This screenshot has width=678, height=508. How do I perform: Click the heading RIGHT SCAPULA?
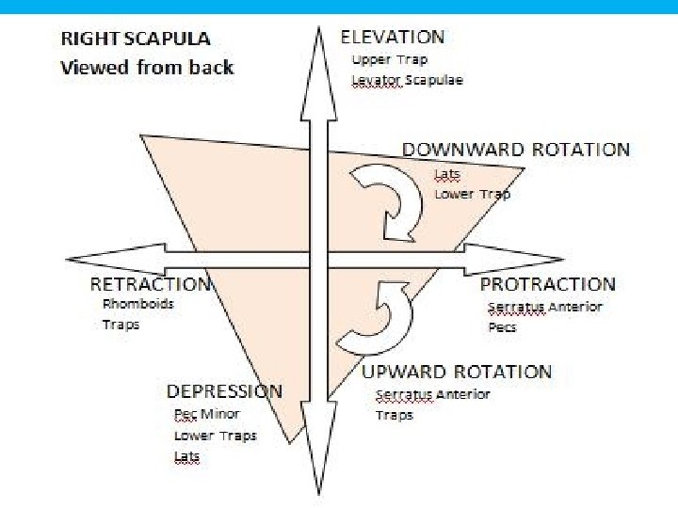pyautogui.click(x=135, y=40)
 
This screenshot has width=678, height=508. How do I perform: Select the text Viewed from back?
pyautogui.click(x=146, y=67)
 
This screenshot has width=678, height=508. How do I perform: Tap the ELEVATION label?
pyautogui.click(x=392, y=38)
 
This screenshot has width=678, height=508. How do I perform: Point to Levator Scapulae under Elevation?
pyautogui.click(x=407, y=80)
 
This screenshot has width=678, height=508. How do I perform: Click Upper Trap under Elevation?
pyautogui.click(x=389, y=59)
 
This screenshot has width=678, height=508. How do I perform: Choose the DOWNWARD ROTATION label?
pyautogui.click(x=516, y=150)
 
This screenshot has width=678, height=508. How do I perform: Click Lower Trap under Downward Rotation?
pyautogui.click(x=472, y=194)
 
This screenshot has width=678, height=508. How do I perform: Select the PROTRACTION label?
pyautogui.click(x=547, y=284)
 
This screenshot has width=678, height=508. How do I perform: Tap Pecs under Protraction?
pyautogui.click(x=502, y=328)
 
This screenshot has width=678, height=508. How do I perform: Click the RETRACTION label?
pyautogui.click(x=151, y=284)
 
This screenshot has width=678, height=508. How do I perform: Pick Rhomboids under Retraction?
pyautogui.click(x=138, y=304)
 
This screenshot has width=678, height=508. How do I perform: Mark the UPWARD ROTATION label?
pyautogui.click(x=457, y=372)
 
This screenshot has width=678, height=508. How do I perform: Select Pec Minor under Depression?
pyautogui.click(x=206, y=414)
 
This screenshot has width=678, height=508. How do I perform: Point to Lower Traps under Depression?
pyautogui.click(x=215, y=436)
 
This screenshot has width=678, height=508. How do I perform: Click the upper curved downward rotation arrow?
pyautogui.click(x=392, y=198)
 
